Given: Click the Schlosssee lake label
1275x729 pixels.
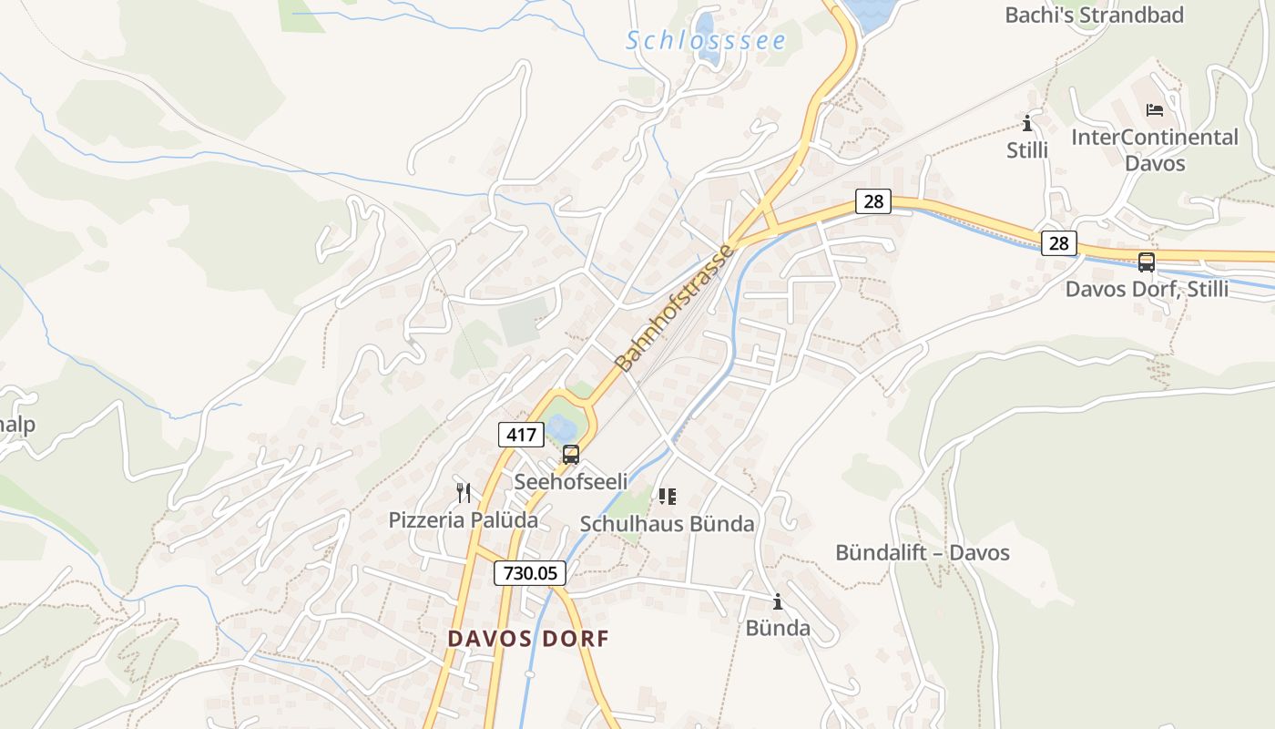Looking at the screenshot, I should pos(706,41).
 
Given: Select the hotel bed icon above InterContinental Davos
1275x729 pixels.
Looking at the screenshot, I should pos(1155,110).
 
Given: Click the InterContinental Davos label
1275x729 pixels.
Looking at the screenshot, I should pos(1155,150).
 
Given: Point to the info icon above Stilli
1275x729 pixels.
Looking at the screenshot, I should pos(1027,123).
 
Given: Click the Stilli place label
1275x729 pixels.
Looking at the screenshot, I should pos(1027,150).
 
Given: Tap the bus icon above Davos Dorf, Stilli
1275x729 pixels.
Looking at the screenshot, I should pos(1147,262).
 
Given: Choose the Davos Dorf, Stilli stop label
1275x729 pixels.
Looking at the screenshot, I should pos(1147,290).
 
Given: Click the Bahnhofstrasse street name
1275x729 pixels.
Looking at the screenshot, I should pos(674,308).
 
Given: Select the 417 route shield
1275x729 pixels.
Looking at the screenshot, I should pos(521,435).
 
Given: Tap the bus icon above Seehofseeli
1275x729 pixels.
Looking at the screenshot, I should pos(571,454).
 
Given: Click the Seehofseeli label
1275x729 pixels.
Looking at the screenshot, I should pos(571,481).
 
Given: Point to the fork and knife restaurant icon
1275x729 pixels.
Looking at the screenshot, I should pos(464,493).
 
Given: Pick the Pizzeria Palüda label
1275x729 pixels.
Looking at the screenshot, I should pos(464,520).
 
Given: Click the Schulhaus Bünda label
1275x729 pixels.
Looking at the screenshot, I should pos(668,524).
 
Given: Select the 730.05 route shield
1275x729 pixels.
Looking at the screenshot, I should pos(530,573).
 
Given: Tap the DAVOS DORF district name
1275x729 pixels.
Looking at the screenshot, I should pos(528,639).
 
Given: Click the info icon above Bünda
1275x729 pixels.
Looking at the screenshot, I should pos(778,601).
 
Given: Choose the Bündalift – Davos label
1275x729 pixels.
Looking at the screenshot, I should pos(923,553).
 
